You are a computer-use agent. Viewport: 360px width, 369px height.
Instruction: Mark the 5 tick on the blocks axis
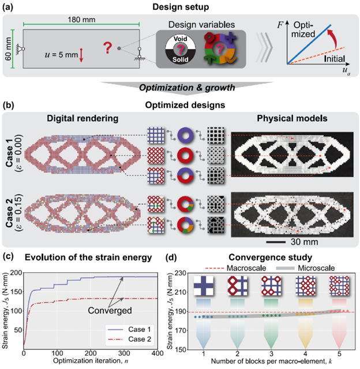338,353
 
